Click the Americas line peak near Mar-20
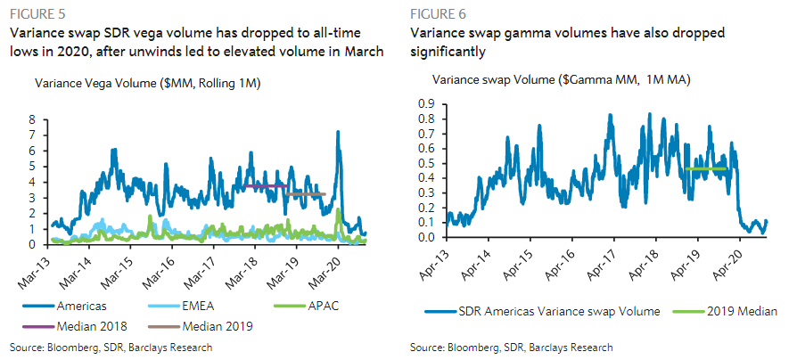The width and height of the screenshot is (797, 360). click(x=338, y=132)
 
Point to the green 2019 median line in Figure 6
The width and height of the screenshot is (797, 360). click(x=706, y=168)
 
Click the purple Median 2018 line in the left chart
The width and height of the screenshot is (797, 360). click(x=267, y=185)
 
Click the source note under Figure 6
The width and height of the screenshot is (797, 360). click(x=511, y=346)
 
